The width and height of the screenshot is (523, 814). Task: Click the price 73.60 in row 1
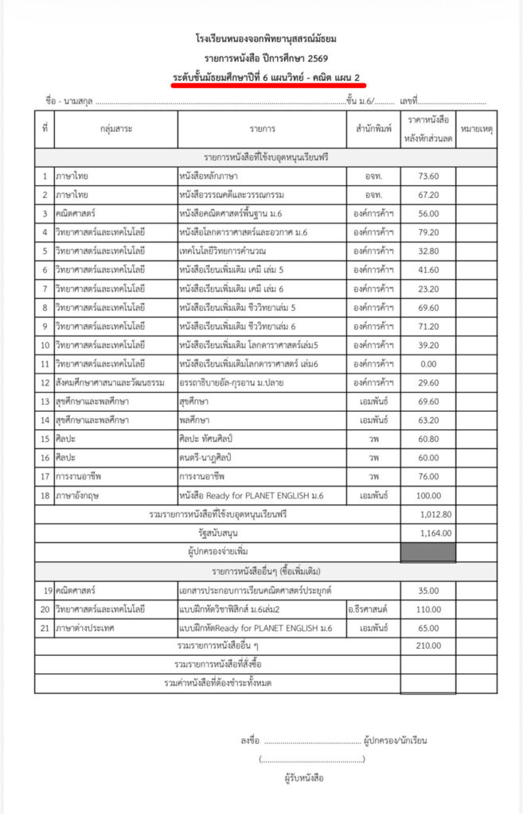pos(428,175)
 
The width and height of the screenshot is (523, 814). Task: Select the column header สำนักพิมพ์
pos(373,128)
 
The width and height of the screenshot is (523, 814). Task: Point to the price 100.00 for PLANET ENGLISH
pos(427,496)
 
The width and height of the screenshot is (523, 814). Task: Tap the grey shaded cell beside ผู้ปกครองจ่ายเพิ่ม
pos(427,552)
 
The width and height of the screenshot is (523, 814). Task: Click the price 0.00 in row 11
pos(428,364)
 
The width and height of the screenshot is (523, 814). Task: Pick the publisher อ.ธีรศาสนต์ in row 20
pos(373,609)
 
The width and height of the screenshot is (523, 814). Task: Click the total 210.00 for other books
pos(427,645)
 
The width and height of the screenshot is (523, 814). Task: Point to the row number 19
pos(45,591)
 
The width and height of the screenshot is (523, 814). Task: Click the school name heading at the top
pos(261,37)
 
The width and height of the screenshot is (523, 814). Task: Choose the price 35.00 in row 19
pos(428,591)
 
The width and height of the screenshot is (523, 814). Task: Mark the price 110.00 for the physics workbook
pos(427,609)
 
